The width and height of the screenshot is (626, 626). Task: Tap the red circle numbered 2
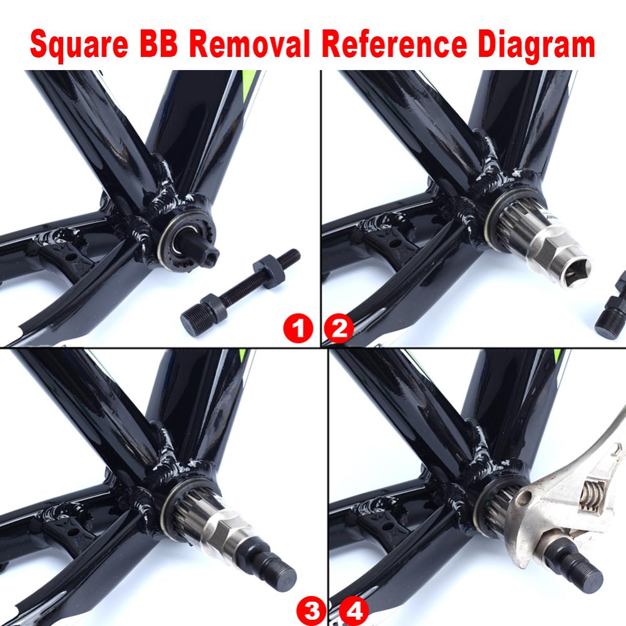tap(339, 327)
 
